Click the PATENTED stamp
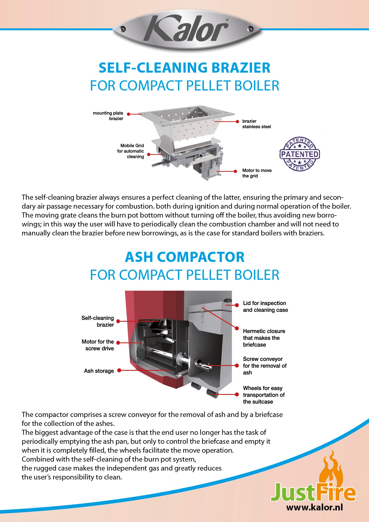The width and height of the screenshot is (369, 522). click(x=300, y=154)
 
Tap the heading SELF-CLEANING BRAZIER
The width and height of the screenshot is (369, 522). click(x=185, y=68)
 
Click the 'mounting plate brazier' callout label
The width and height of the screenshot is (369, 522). click(x=108, y=116)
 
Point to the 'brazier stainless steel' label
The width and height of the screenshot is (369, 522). click(x=257, y=124)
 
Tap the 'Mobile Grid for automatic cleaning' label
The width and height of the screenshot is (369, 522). click(x=131, y=151)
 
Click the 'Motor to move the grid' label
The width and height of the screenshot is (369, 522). click(x=257, y=173)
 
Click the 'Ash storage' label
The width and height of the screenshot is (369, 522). click(x=99, y=371)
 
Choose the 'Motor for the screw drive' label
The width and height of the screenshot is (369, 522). click(x=98, y=345)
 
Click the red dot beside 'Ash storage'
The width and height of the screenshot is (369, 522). click(x=119, y=371)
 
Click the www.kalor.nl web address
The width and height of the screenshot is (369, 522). click(x=314, y=507)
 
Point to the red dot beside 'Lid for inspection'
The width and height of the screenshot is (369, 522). click(x=237, y=305)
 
